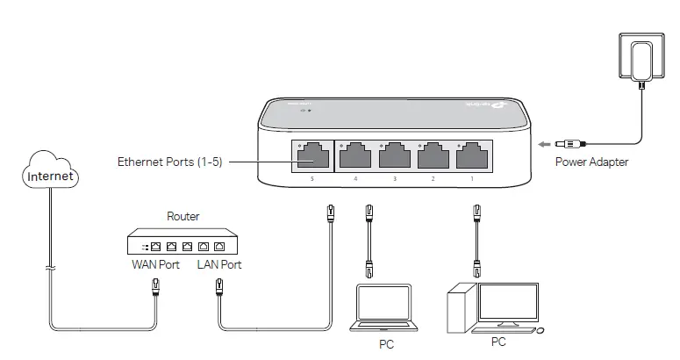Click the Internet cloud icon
pyautogui.click(x=51, y=170)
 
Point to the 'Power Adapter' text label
pyautogui.click(x=591, y=162)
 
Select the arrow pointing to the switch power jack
pyautogui.click(x=547, y=143)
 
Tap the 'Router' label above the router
pyautogui.click(x=183, y=216)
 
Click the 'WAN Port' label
pyautogui.click(x=155, y=264)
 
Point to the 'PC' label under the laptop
pyautogui.click(x=386, y=345)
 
